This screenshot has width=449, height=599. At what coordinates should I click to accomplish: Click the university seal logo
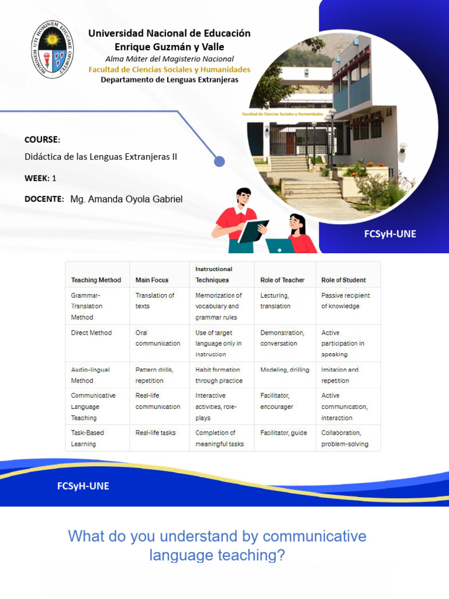point(53,50)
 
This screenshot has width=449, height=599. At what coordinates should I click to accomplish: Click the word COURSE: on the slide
point(42,139)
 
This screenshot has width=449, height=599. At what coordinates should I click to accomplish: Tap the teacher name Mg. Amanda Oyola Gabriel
point(126,199)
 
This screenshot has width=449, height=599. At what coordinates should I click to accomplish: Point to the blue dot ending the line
point(219,161)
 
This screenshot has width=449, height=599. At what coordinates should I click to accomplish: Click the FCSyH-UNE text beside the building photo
point(390,234)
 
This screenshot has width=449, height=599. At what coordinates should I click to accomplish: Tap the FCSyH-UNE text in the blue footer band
point(83,486)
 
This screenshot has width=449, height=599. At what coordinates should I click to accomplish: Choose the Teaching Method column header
point(96,280)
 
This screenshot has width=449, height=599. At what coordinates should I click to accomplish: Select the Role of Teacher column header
point(283,280)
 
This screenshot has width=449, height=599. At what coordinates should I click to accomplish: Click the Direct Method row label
point(91,333)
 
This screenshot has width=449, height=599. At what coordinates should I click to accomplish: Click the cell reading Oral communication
point(158,338)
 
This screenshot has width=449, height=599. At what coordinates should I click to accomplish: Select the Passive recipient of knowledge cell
point(346,301)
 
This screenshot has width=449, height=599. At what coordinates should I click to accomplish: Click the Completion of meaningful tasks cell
point(220,438)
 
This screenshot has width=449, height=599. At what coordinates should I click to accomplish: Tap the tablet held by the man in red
point(253,232)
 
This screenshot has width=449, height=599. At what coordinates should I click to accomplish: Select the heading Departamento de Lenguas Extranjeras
point(170,80)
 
